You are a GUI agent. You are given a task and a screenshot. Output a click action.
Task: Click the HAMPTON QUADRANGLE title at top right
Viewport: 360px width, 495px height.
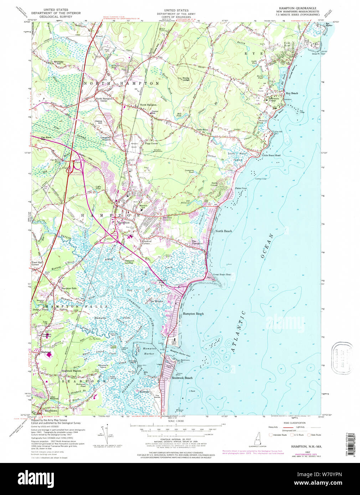298,8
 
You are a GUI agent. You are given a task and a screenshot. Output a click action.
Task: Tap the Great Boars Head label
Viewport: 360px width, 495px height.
222,275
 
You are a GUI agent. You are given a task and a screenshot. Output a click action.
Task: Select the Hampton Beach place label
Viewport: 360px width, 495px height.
193,314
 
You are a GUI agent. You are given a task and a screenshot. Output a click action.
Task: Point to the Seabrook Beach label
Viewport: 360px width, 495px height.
182,378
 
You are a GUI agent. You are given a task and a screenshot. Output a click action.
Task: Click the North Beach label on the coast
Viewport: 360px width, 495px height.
223,231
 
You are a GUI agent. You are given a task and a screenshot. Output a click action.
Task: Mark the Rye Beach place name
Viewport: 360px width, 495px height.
292,93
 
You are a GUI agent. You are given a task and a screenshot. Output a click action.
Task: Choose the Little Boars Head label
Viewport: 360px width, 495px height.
271,156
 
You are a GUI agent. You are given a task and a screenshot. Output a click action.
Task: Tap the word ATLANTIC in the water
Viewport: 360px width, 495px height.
238,331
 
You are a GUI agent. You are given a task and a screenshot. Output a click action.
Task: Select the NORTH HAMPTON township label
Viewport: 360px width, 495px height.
121,83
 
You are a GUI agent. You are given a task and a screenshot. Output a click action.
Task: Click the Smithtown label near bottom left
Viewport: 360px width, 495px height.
49,411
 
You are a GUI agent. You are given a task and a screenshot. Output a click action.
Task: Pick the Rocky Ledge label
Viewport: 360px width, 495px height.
186,79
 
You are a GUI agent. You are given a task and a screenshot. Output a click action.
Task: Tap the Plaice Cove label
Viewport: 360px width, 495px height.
241,188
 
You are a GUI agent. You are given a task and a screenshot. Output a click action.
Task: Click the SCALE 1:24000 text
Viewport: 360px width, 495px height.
176,421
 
